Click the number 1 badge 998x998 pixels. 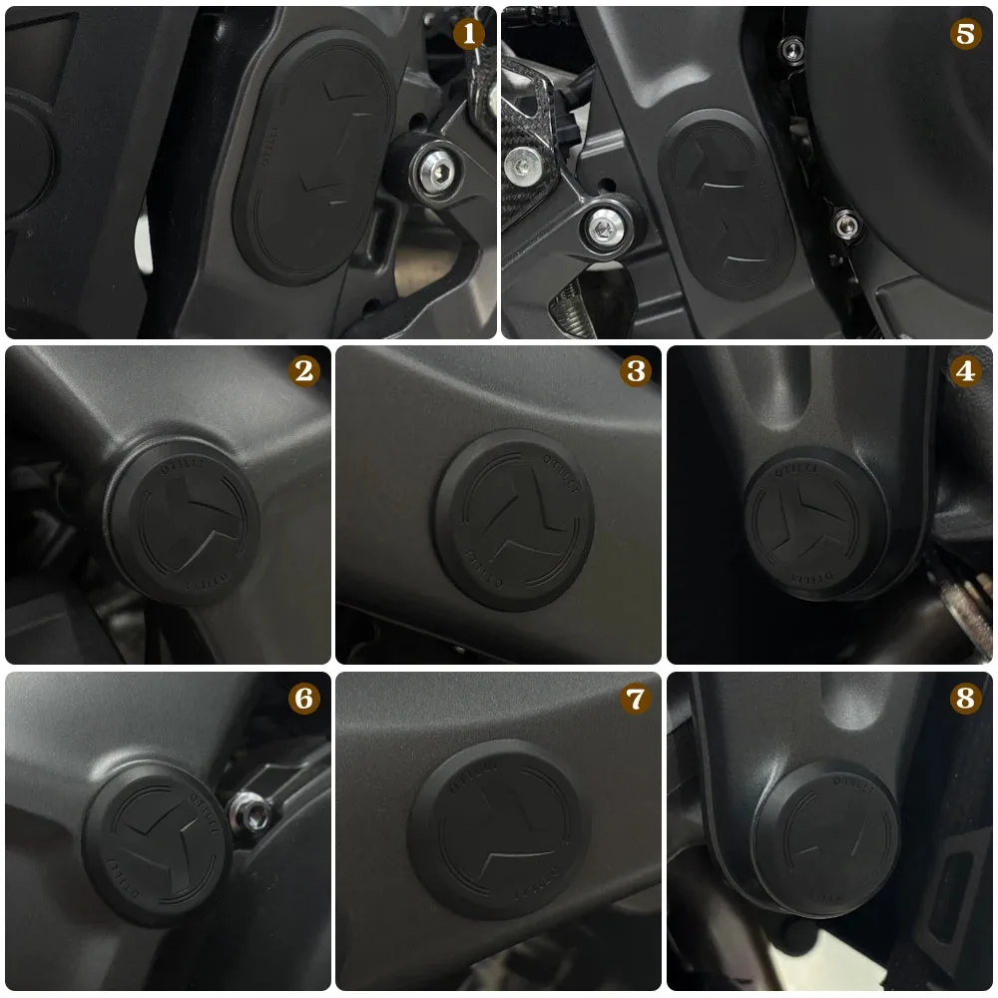(468, 33)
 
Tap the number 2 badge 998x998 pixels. (303, 371)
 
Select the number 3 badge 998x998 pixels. (635, 371)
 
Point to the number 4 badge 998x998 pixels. (964, 371)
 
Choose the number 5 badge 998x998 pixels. (964, 33)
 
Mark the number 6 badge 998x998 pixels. (303, 698)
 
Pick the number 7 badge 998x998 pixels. (635, 698)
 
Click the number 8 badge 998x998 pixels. (964, 698)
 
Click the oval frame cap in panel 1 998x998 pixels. (312, 160)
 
